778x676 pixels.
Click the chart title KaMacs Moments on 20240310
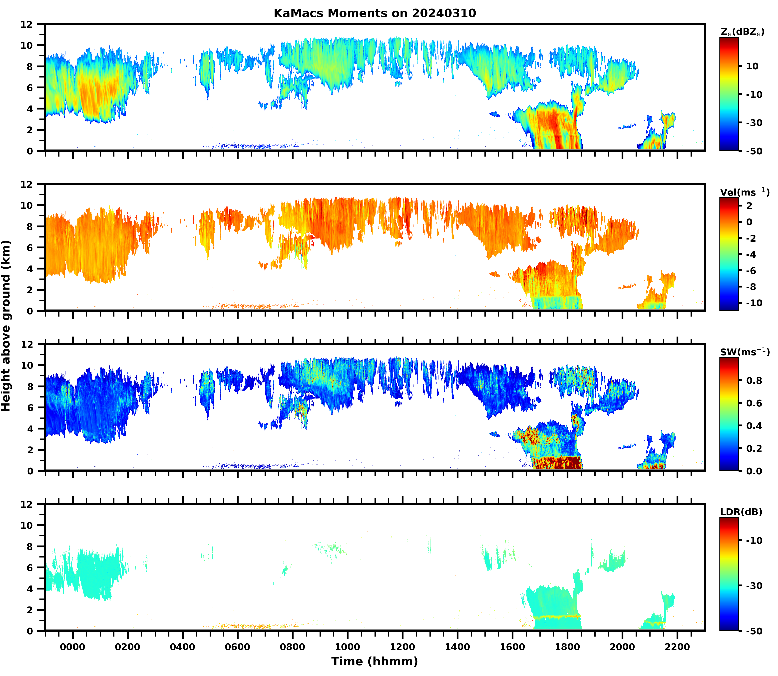pos(375,13)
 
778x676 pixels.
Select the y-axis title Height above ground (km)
pos(6,325)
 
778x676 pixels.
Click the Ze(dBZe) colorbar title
pos(742,32)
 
